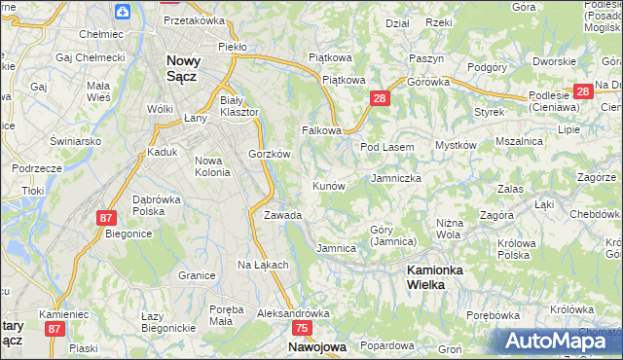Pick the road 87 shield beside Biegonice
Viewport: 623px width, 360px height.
pos(106,218)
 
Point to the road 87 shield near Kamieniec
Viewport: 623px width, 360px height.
pos(54,330)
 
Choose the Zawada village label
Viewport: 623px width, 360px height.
pos(282,215)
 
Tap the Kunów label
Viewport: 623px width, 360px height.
pos(328,185)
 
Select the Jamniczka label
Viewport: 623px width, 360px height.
pos(396,179)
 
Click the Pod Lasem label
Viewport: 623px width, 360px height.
pos(387,147)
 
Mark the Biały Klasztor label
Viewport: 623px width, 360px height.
pos(239,106)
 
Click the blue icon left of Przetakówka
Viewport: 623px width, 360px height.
pos(122,12)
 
